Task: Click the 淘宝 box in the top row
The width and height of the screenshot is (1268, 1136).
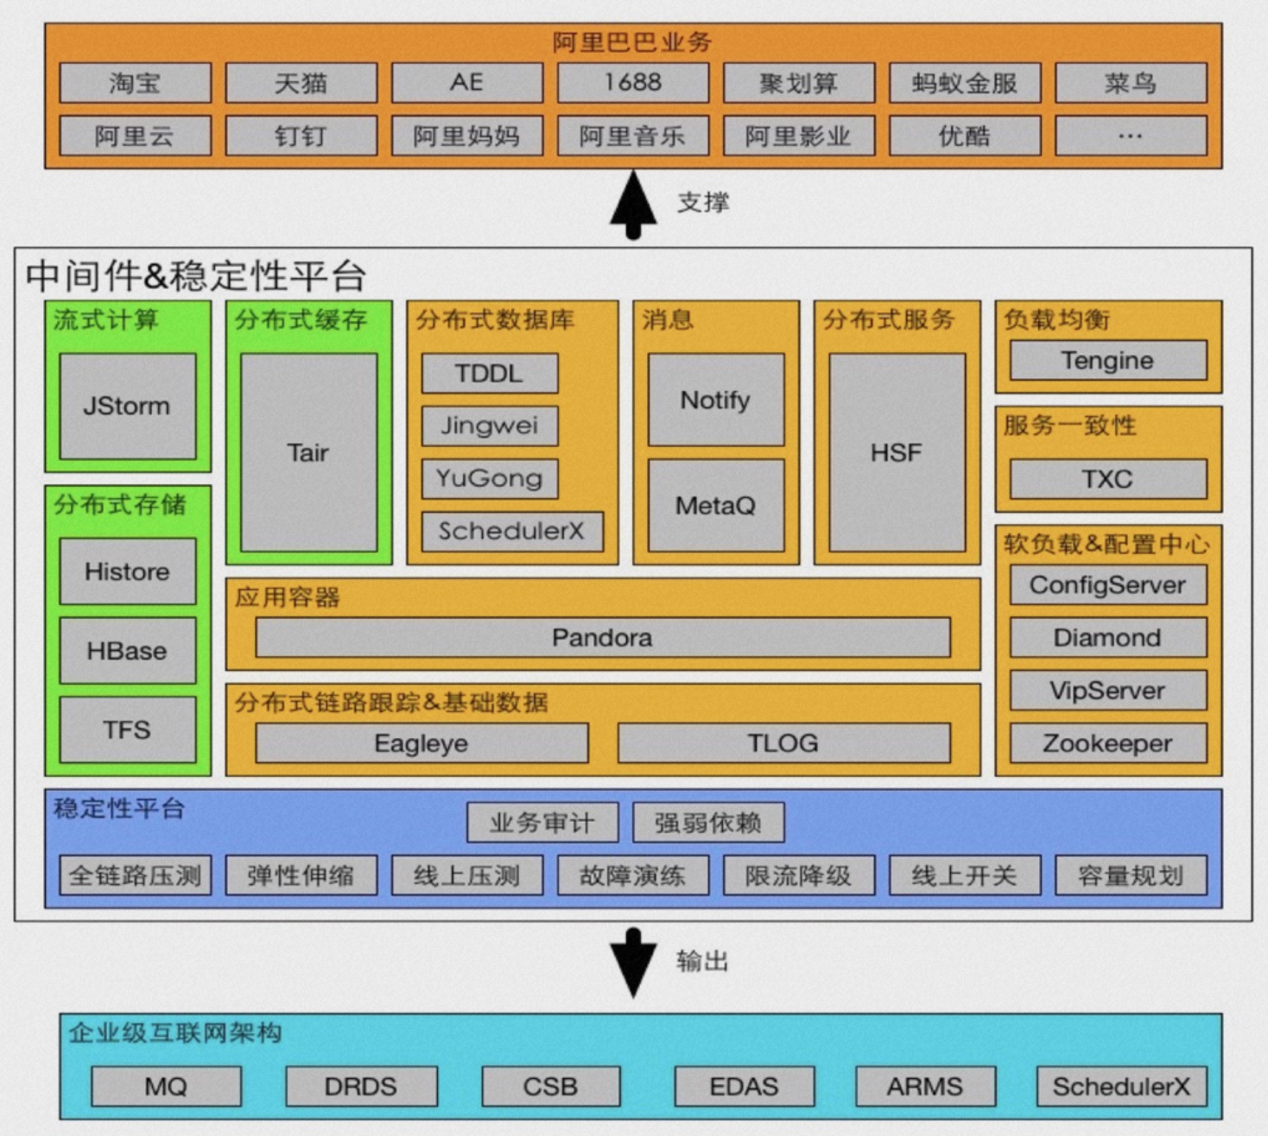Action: pyautogui.click(x=135, y=83)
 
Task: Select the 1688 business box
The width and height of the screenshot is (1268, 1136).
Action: pyautogui.click(x=632, y=83)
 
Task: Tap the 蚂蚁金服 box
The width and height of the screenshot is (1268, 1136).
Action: pyautogui.click(x=964, y=83)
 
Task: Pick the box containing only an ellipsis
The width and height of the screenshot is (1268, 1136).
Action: pyautogui.click(x=1130, y=136)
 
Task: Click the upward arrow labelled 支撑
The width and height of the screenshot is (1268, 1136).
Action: pyautogui.click(x=633, y=204)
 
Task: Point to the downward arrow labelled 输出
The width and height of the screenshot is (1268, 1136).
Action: pyautogui.click(x=633, y=962)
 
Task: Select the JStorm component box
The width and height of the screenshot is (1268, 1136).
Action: pyautogui.click(x=127, y=406)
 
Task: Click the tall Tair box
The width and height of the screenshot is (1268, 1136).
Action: pyautogui.click(x=308, y=452)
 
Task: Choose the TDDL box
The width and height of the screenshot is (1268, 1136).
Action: pyautogui.click(x=489, y=373)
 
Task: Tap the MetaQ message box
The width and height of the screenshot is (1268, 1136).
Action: pyautogui.click(x=715, y=505)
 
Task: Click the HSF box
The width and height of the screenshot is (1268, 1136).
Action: pyautogui.click(x=897, y=452)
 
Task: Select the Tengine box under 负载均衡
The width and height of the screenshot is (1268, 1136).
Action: pyautogui.click(x=1107, y=360)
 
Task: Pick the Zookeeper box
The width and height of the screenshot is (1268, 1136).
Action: pyautogui.click(x=1107, y=743)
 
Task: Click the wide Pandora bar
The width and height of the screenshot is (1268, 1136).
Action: pyautogui.click(x=602, y=638)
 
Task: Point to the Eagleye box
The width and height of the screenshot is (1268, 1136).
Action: pyautogui.click(x=422, y=743)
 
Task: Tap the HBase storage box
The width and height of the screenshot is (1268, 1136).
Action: pyautogui.click(x=127, y=651)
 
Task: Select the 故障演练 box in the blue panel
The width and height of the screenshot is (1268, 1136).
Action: pyautogui.click(x=632, y=875)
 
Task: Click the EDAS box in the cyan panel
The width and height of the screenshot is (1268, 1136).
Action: pyautogui.click(x=744, y=1086)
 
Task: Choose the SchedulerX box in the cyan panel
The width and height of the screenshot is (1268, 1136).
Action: pyautogui.click(x=1121, y=1086)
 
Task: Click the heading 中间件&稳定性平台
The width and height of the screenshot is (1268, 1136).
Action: pyautogui.click(x=196, y=275)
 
